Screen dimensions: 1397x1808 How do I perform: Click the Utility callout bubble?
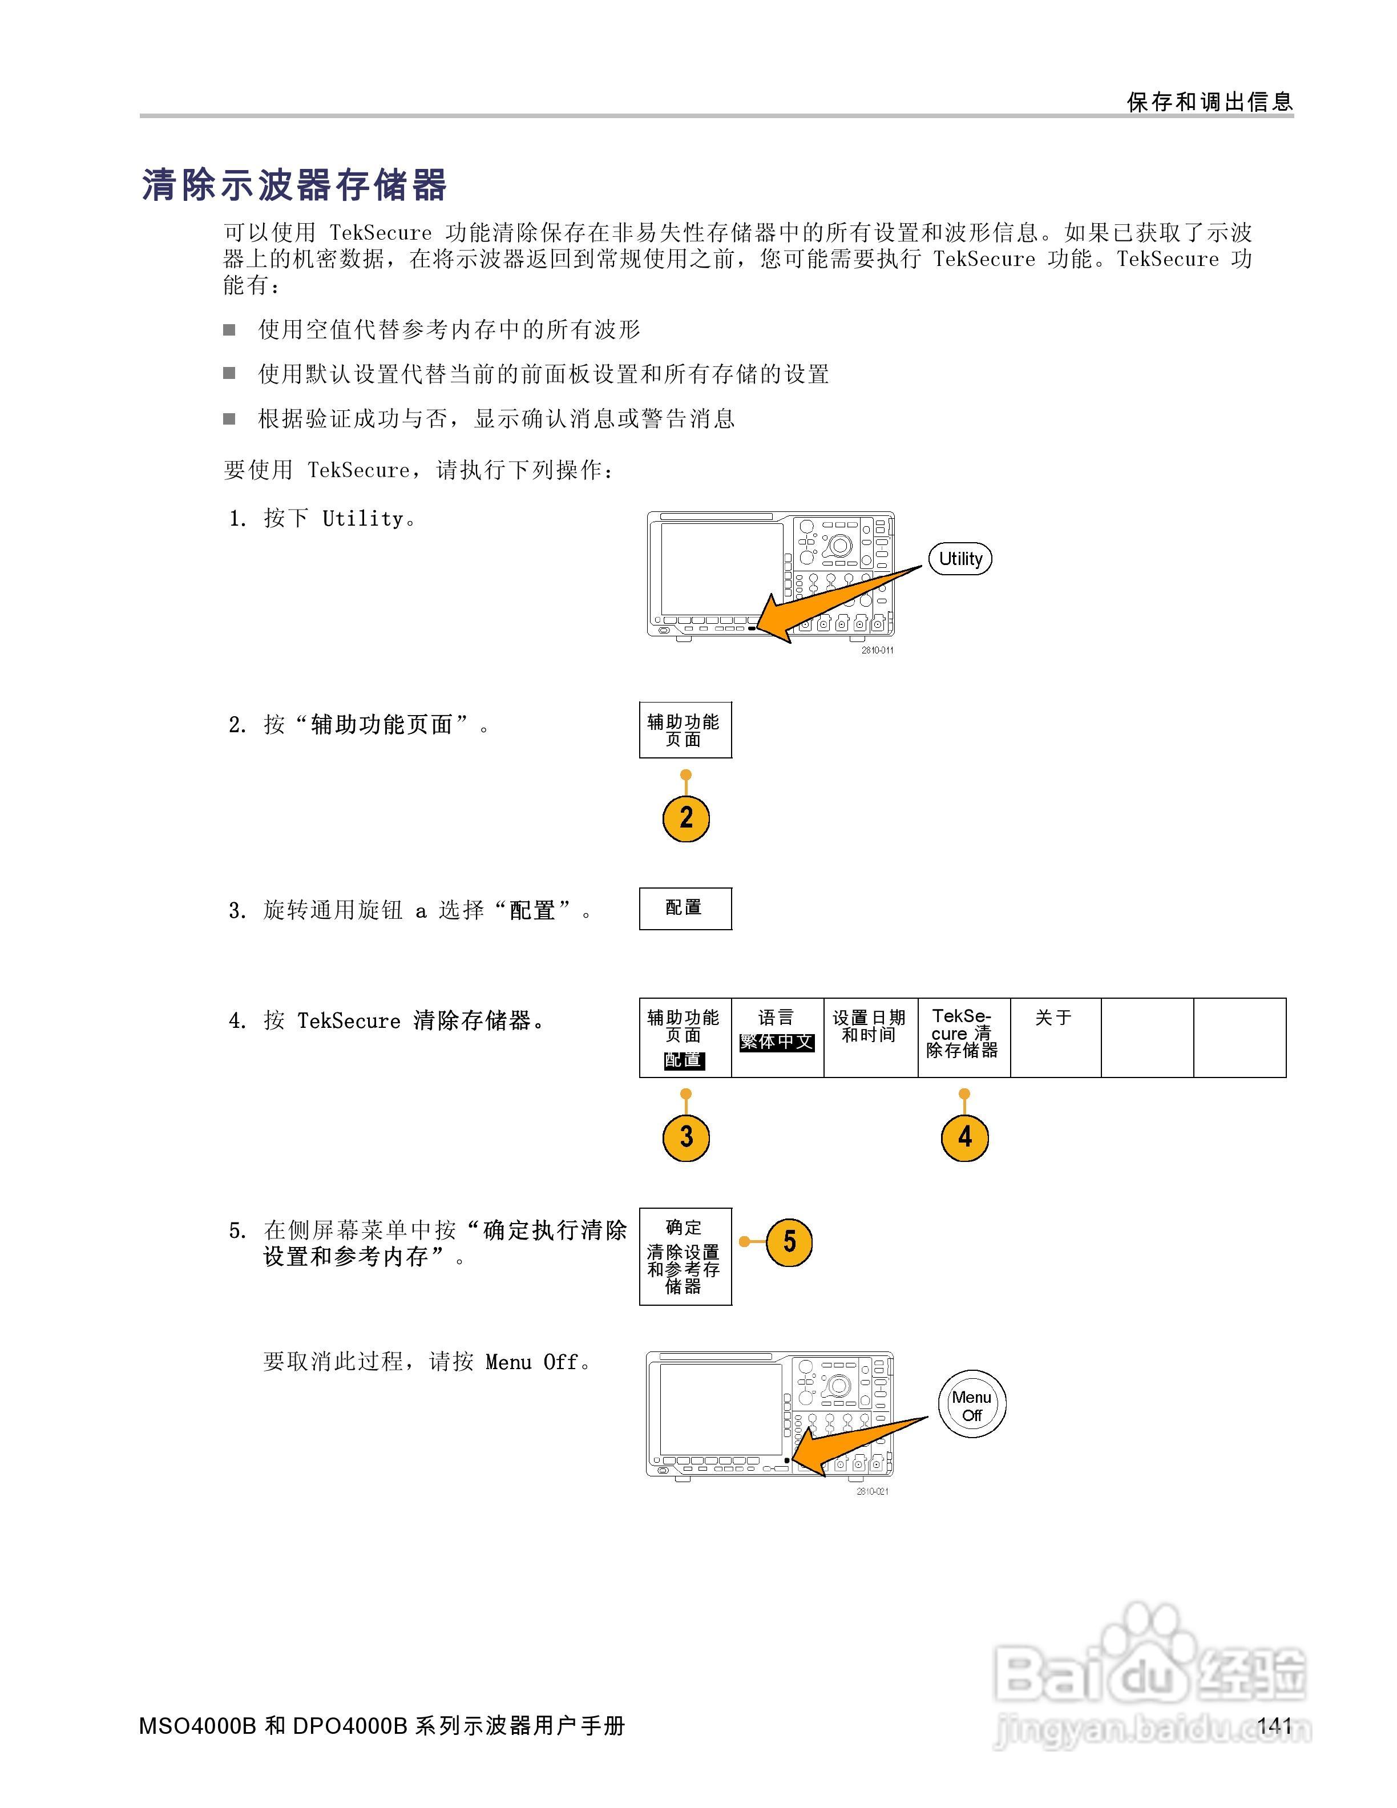(x=960, y=559)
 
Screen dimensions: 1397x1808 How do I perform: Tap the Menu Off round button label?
(x=972, y=1406)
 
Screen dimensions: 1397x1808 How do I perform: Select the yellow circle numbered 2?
(x=686, y=818)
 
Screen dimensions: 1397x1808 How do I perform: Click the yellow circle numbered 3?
(x=686, y=1137)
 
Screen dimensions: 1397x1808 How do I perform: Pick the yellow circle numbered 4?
(x=964, y=1137)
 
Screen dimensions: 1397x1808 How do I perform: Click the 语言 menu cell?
(x=777, y=1038)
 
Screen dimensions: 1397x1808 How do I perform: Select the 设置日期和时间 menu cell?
(x=870, y=1038)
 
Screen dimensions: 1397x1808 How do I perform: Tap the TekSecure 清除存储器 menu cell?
(x=963, y=1038)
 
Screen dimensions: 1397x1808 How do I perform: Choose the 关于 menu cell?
(x=1055, y=1038)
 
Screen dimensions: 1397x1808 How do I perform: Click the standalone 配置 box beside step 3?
(x=685, y=908)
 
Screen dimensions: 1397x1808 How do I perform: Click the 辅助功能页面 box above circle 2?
(x=685, y=730)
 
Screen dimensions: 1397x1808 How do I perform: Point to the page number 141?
(x=1274, y=1725)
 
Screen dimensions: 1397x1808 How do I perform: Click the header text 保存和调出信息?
(x=1210, y=102)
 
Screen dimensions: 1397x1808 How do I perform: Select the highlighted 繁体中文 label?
(x=777, y=1042)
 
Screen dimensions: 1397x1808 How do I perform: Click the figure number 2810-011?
(x=877, y=650)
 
